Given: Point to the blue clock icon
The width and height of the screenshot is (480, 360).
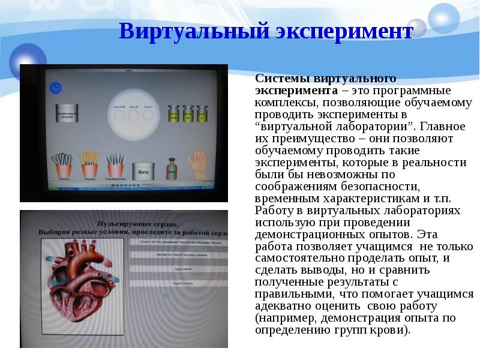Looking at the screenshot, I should click(x=55, y=88).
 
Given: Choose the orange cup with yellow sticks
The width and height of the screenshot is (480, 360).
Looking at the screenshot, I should click(x=88, y=166).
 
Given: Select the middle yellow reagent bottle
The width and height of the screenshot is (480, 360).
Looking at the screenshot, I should click(x=188, y=114).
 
